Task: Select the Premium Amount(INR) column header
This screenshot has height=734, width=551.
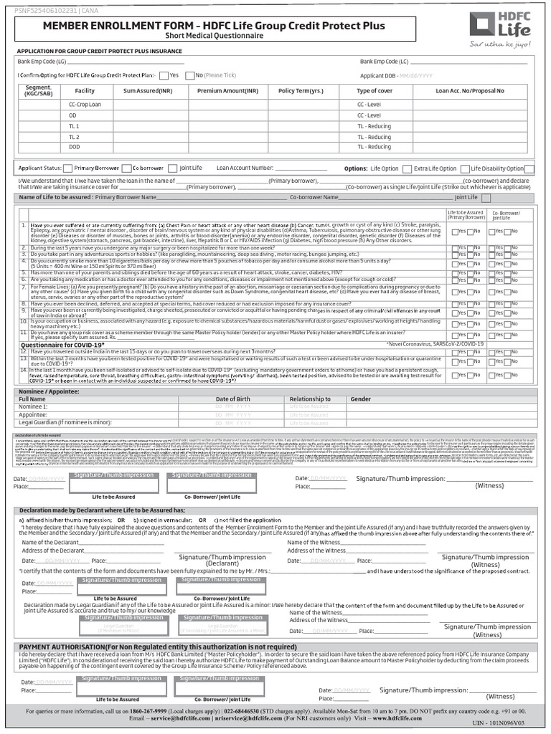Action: pyautogui.click(x=227, y=91)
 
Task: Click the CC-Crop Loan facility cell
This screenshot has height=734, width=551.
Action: pyautogui.click(x=85, y=104)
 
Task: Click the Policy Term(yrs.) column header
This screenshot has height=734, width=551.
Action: pyautogui.click(x=301, y=91)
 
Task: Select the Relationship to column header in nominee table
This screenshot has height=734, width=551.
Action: pyautogui.click(x=310, y=399)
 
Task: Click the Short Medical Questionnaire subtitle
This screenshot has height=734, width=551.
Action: pyautogui.click(x=214, y=37)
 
